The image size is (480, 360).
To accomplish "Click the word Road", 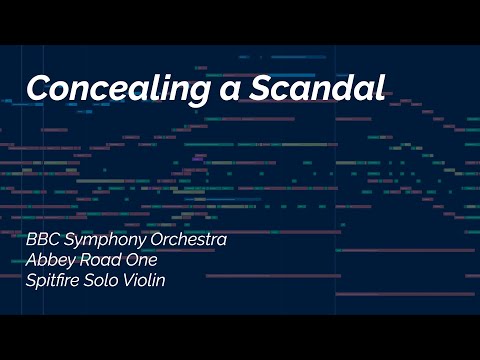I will (101, 260).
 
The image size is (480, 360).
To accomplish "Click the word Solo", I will (107, 280).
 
